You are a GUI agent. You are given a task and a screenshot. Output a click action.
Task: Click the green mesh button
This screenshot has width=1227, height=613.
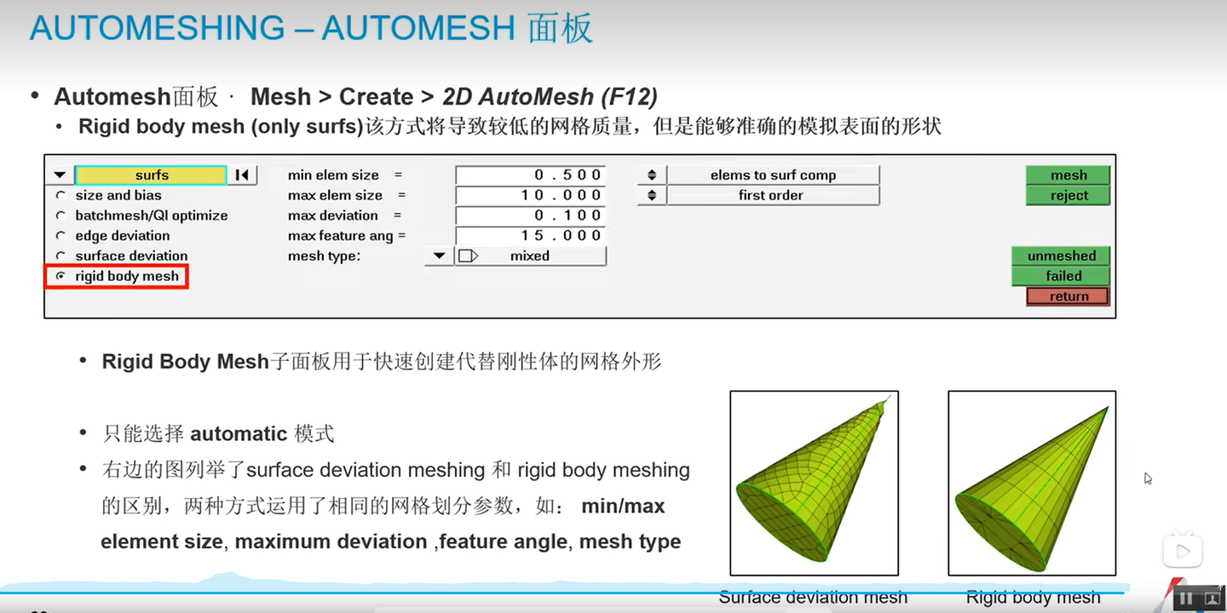coord(1068,175)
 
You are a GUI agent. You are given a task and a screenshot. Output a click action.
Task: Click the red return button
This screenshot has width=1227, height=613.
coord(1068,296)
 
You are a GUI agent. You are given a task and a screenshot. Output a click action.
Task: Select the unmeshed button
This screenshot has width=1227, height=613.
coord(1061,255)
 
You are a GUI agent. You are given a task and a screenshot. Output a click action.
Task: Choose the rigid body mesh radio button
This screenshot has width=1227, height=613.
coord(60,276)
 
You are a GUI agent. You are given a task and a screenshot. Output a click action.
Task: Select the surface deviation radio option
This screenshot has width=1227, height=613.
coord(60,255)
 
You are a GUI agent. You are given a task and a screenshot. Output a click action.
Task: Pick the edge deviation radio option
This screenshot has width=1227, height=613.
coord(60,235)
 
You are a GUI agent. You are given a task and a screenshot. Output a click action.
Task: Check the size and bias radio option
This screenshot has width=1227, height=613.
coord(60,195)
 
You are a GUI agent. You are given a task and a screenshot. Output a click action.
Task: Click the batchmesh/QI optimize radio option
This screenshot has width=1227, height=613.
coord(60,215)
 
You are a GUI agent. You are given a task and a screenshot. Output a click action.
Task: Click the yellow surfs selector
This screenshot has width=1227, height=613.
coord(151,175)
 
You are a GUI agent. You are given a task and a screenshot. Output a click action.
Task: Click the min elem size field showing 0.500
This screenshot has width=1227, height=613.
coord(530,175)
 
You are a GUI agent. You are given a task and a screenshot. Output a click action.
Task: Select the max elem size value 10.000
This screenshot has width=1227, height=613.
coord(530,196)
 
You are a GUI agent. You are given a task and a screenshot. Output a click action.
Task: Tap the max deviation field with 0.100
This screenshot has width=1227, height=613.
coord(530,215)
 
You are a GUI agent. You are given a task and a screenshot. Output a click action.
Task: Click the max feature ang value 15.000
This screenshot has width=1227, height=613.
coord(530,236)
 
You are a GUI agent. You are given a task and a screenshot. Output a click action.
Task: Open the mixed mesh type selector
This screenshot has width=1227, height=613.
coord(530,255)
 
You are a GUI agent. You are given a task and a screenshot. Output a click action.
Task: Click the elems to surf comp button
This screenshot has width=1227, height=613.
coord(773,175)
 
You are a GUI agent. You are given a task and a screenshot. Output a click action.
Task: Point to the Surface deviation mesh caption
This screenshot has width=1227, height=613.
coord(813,597)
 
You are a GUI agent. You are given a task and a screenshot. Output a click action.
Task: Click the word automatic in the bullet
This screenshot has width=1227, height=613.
coord(239,434)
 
